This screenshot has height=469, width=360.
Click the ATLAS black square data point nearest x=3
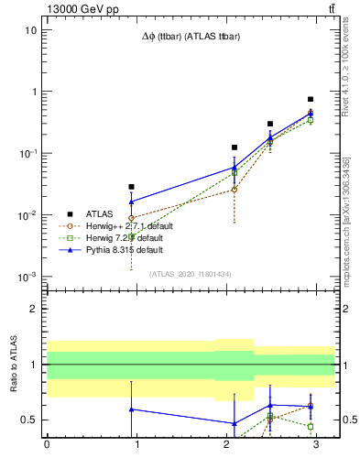(311, 99)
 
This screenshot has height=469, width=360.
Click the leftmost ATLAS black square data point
(131, 187)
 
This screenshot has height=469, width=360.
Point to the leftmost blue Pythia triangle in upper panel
(131, 202)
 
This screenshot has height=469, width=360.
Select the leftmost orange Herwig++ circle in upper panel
(131, 218)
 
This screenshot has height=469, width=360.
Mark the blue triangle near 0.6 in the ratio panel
(131, 409)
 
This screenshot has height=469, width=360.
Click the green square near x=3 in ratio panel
(311, 426)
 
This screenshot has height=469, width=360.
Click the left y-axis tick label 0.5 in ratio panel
(29, 420)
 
